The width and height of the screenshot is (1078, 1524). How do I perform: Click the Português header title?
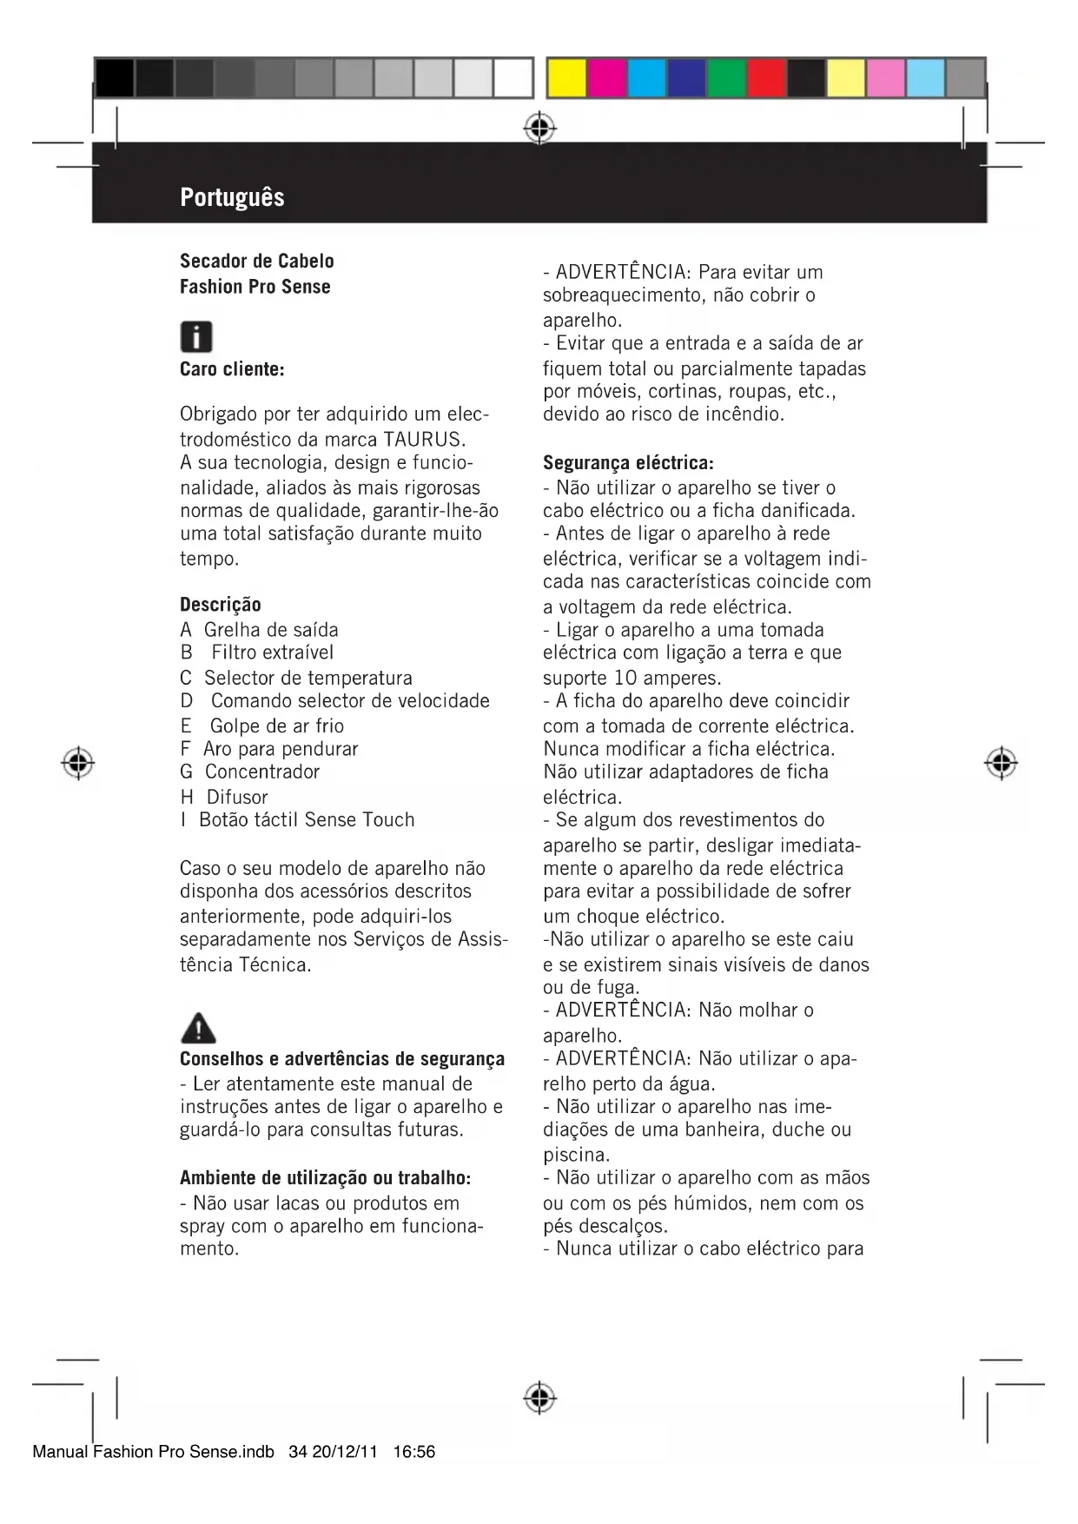point(232,197)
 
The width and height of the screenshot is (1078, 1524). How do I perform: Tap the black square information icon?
point(196,336)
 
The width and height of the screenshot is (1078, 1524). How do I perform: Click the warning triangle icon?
point(198,1028)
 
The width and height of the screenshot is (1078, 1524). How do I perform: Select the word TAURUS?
point(423,438)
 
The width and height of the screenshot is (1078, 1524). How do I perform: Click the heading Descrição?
point(220,605)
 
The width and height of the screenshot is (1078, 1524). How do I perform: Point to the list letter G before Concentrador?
point(187,772)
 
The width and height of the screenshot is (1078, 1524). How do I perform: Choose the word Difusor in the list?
point(237,797)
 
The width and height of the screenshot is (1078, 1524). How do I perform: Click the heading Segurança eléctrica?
point(628,462)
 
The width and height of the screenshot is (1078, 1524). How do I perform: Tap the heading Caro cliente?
point(232,369)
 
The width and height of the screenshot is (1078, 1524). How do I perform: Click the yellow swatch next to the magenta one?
point(566,78)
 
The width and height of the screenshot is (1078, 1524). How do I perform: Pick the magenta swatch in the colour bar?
point(606,78)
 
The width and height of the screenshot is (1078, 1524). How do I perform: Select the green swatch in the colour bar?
point(726,78)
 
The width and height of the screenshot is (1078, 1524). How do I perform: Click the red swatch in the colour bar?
point(766,78)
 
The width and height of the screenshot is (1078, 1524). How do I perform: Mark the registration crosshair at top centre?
point(539,129)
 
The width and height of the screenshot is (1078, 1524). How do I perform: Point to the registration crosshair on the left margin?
point(78,763)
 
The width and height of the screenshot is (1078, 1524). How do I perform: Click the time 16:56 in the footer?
point(413,1452)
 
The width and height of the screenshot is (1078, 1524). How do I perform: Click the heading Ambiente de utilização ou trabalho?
point(325,1178)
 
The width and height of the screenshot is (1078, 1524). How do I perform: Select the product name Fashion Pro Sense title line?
point(255,287)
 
